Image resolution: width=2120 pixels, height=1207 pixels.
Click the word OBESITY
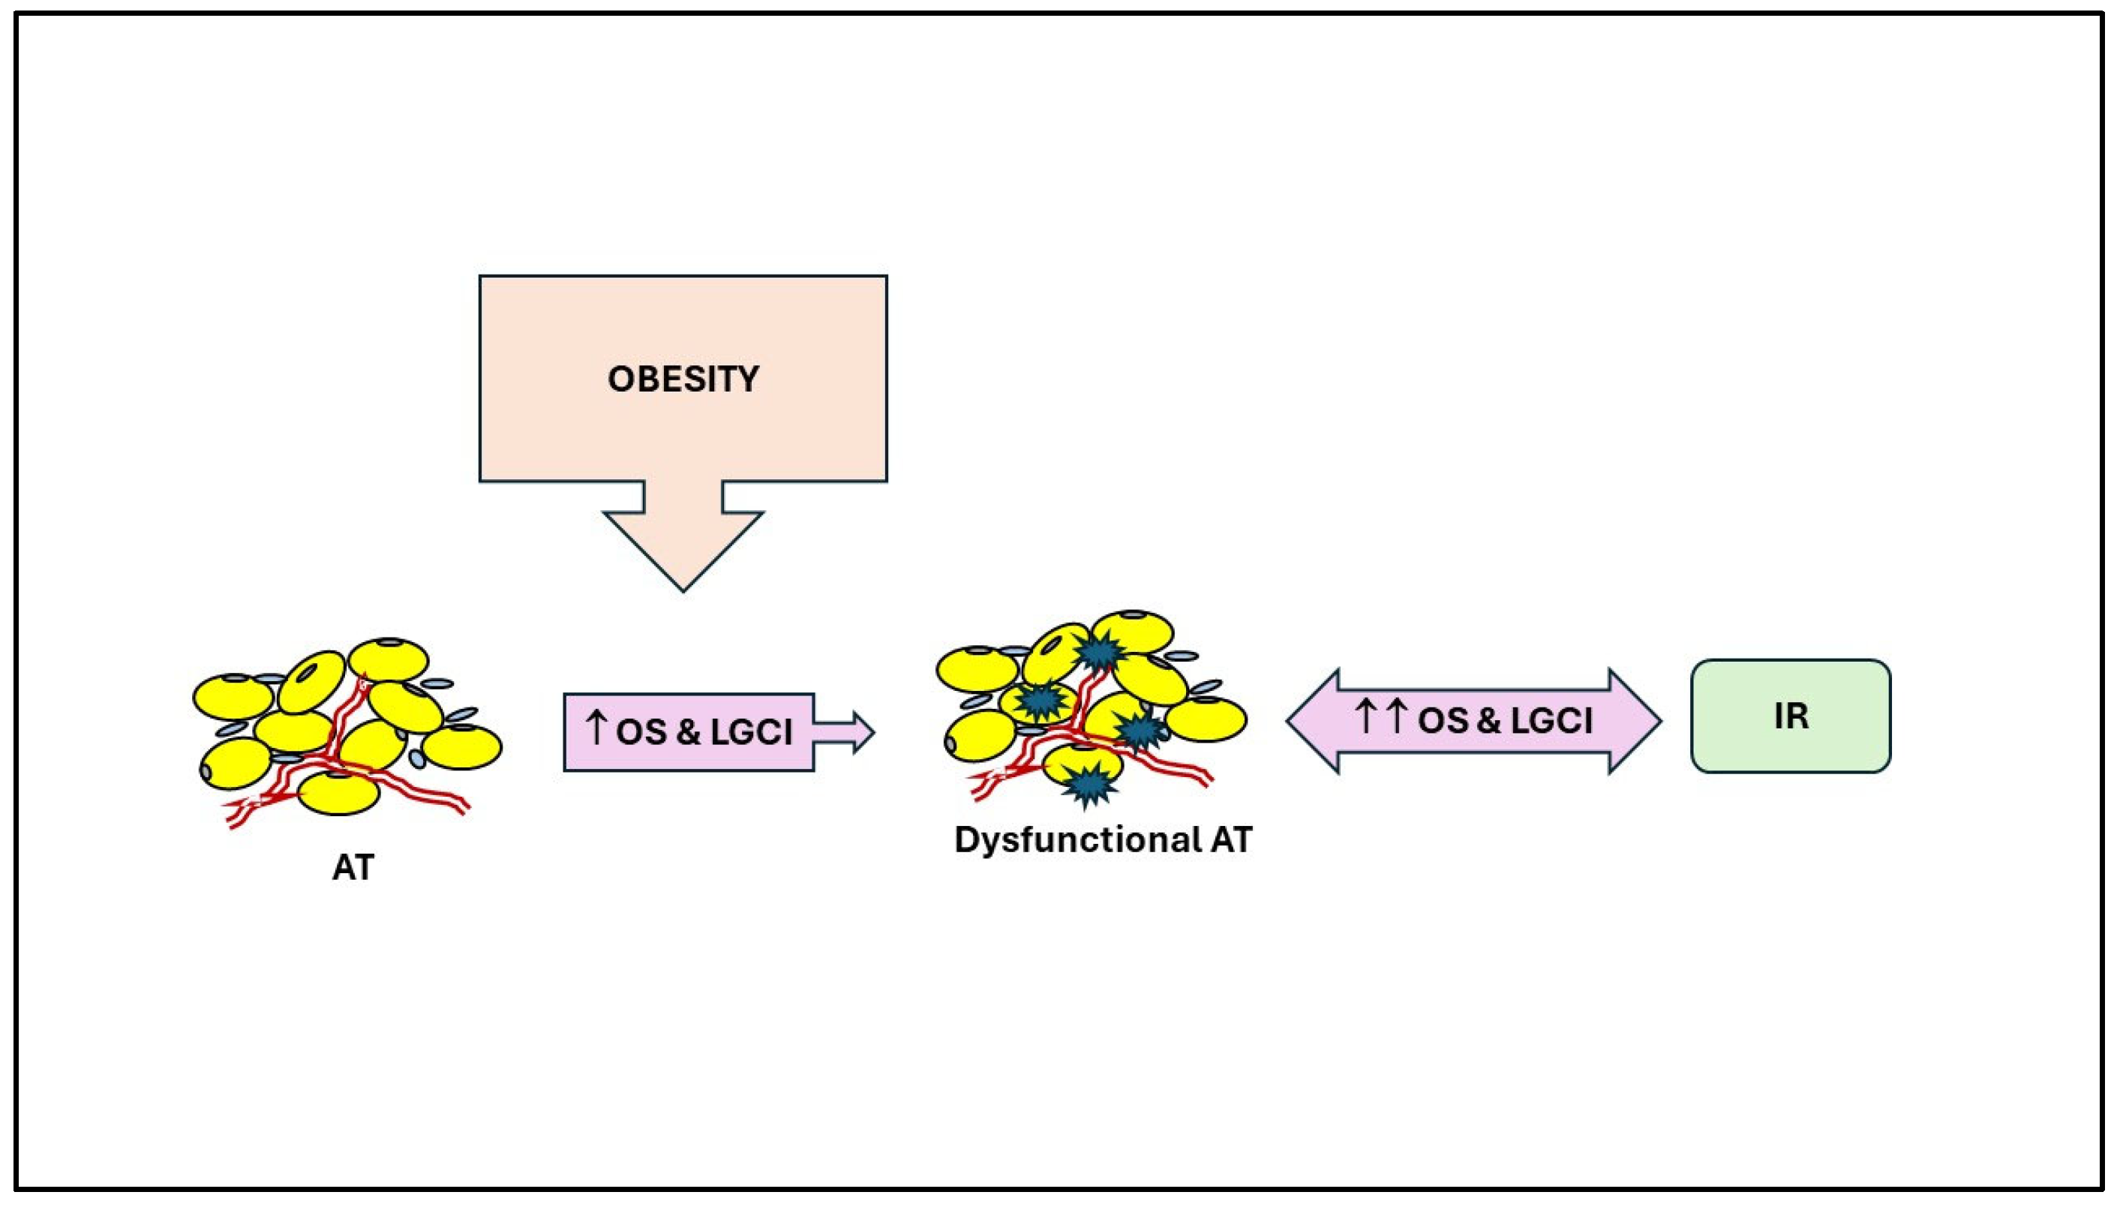pos(683,379)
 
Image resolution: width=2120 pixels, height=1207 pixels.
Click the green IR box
pos(1790,716)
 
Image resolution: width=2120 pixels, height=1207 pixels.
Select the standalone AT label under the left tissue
pos(353,868)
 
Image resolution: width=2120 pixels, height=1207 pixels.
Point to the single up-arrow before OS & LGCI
pos(595,728)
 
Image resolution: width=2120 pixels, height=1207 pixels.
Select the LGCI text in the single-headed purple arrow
pos(750,732)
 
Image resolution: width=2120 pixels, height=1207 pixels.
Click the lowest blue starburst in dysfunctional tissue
pos(1087,783)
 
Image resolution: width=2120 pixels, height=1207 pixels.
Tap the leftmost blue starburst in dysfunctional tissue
pos(1040,701)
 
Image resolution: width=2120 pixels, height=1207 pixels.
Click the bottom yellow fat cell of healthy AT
pos(338,794)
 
